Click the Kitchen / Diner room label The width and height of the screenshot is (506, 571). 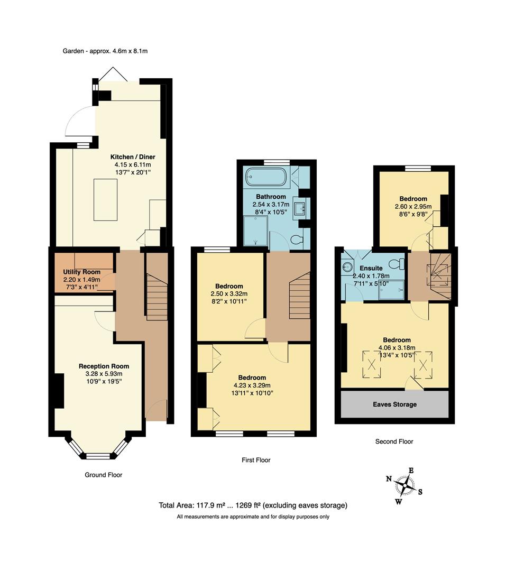(133, 157)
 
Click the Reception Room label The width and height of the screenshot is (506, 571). (104, 366)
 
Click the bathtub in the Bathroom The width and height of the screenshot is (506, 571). (267, 177)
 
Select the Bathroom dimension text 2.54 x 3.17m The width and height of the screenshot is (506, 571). (271, 204)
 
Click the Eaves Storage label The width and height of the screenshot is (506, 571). (394, 404)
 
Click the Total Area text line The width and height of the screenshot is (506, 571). (253, 505)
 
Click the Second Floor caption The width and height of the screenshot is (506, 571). (394, 441)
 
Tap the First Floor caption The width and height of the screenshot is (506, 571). (252, 460)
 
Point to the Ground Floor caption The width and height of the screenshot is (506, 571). (104, 475)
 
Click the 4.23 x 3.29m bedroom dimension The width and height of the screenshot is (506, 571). (252, 385)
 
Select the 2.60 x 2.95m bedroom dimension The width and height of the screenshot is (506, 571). (413, 206)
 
